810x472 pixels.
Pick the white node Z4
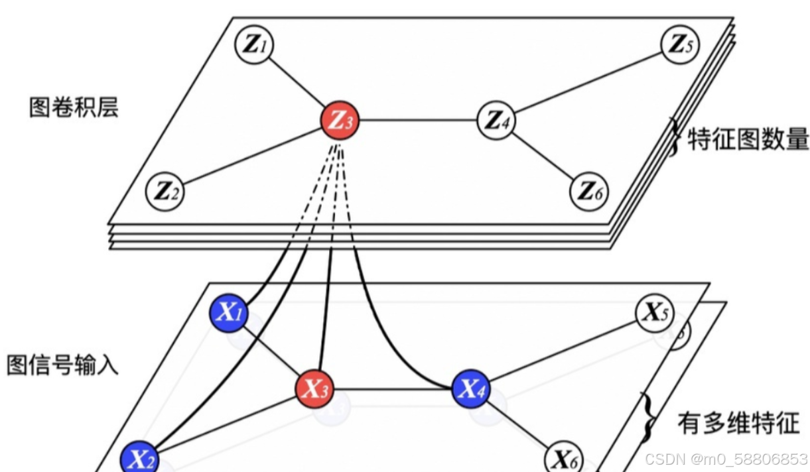496,120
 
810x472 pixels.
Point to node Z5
679,45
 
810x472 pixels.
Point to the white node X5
655,312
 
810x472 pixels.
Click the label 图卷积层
74,107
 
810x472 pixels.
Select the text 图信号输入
63,365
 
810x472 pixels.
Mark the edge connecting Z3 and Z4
418,121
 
